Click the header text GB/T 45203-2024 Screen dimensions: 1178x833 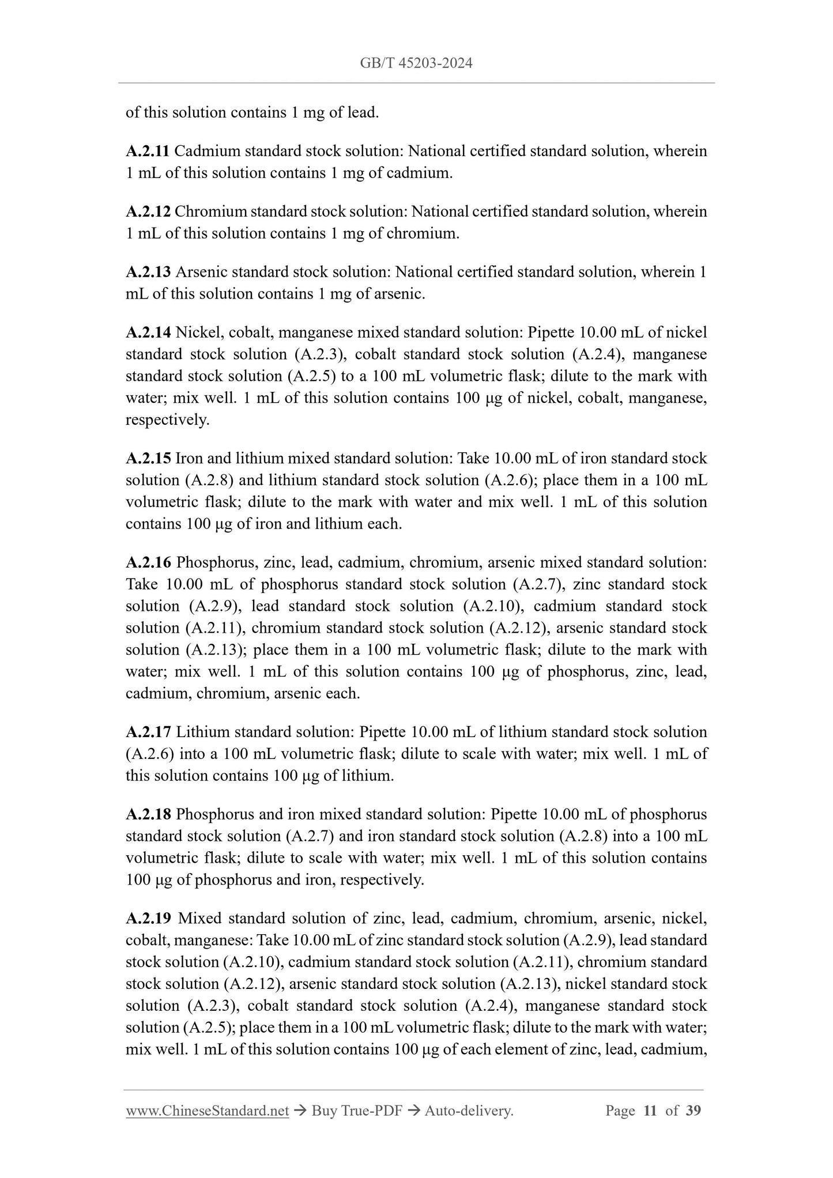pyautogui.click(x=416, y=63)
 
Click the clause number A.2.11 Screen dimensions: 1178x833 pyautogui.click(x=148, y=152)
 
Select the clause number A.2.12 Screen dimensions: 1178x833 pyautogui.click(x=148, y=212)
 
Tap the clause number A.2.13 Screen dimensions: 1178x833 pyautogui.click(x=148, y=272)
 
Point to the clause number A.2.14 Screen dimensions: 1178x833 pyautogui.click(x=148, y=333)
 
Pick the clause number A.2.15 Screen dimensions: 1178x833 pyautogui.click(x=148, y=459)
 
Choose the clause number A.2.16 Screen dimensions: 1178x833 pyautogui.click(x=148, y=562)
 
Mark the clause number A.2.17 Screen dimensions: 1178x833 pyautogui.click(x=148, y=733)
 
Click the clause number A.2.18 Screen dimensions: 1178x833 pyautogui.click(x=148, y=815)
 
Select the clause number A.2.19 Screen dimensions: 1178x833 pyautogui.click(x=148, y=919)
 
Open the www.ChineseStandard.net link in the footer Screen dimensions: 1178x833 pyautogui.click(x=207, y=1111)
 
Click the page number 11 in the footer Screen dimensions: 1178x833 pyautogui.click(x=650, y=1111)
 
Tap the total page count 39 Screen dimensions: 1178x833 pyautogui.click(x=693, y=1111)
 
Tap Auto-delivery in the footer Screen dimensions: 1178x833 pyautogui.click(x=468, y=1111)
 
